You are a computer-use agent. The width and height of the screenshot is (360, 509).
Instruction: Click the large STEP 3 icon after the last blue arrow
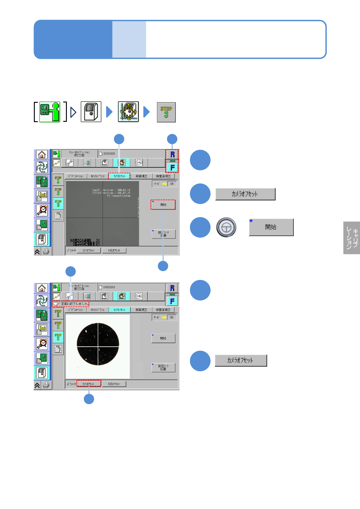166,112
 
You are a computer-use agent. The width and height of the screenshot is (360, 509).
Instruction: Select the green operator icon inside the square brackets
50,112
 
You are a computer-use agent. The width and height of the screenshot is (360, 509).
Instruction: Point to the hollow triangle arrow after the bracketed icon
73,112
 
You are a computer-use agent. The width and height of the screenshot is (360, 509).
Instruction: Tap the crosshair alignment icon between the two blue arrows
128,112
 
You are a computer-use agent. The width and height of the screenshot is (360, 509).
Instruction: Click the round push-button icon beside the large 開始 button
226,227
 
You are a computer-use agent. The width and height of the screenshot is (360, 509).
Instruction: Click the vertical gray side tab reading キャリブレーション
352,238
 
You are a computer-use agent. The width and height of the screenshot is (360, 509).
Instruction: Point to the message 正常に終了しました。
75,304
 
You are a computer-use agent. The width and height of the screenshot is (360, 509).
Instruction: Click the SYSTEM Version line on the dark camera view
111,193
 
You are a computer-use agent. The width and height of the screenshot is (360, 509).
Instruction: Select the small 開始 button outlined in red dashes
163,205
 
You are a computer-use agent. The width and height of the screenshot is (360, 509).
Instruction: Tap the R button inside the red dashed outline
172,154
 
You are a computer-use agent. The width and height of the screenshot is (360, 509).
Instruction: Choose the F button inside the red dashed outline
172,167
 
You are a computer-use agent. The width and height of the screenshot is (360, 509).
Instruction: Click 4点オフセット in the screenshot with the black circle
114,384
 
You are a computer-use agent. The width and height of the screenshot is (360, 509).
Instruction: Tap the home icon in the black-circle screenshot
42,288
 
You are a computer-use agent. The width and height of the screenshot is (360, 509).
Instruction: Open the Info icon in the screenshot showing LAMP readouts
139,163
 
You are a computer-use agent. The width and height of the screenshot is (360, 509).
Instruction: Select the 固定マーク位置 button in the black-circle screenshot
163,368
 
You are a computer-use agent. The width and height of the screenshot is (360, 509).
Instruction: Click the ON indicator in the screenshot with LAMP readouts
172,184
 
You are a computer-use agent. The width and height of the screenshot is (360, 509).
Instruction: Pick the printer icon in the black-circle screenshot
46,385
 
